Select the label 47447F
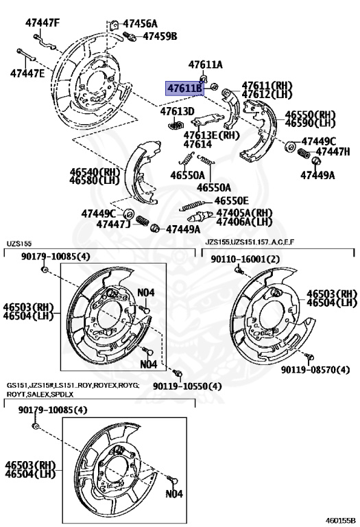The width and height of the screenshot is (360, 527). coord(43,23)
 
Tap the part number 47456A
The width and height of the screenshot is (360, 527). coord(147,24)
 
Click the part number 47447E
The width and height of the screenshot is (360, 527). coord(27,73)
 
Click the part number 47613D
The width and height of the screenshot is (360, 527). coord(178,111)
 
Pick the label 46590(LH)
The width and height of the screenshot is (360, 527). coord(310,123)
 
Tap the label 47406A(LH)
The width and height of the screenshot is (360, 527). coord(244,222)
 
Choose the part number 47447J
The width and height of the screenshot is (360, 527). coord(113,224)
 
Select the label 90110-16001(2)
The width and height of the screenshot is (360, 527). coord(245,259)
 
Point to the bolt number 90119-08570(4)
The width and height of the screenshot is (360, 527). coord(315,370)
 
